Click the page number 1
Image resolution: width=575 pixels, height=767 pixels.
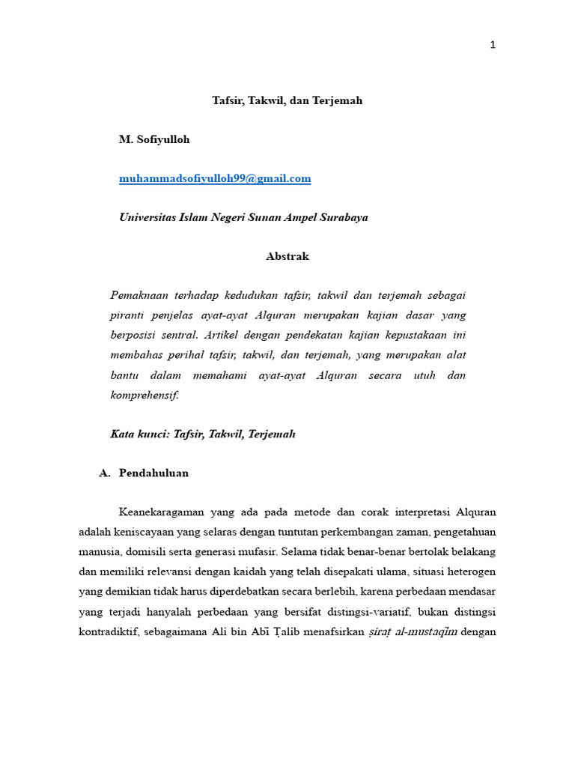pyautogui.click(x=493, y=45)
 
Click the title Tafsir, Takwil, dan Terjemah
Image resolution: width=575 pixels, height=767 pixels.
pyautogui.click(x=287, y=100)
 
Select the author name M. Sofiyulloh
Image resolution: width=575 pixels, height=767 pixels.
pyautogui.click(x=155, y=139)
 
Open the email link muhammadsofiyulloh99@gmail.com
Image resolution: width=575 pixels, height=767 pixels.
pyautogui.click(x=215, y=178)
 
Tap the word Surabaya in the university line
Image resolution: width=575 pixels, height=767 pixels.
pyautogui.click(x=344, y=217)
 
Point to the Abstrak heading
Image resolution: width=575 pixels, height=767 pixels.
pyautogui.click(x=287, y=256)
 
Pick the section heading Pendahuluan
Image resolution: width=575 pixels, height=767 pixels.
pyautogui.click(x=153, y=473)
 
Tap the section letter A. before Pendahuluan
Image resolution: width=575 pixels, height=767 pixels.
pyautogui.click(x=105, y=473)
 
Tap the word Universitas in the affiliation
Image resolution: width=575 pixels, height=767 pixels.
pyautogui.click(x=150, y=217)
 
